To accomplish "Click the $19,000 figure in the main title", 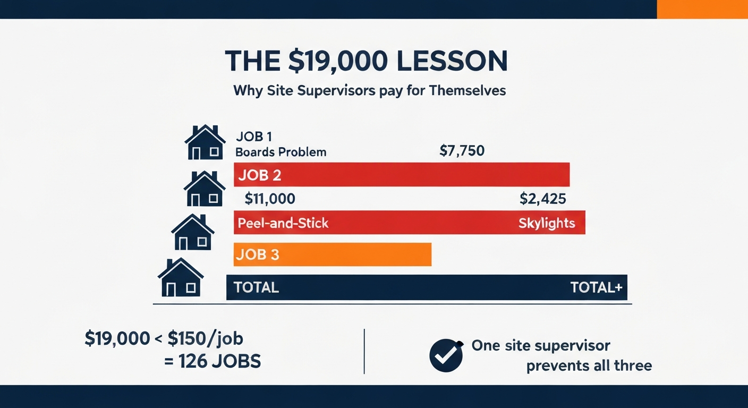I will click(x=328, y=61).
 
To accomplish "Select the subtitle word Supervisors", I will click(x=335, y=90).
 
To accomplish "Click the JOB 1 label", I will click(x=254, y=137).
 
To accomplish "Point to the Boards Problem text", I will click(x=280, y=152).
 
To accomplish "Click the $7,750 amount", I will click(x=462, y=151).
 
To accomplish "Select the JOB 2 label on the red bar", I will click(x=260, y=175).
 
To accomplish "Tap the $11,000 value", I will click(x=269, y=199).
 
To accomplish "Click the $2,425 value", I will click(x=542, y=199).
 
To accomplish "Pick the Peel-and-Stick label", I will click(x=283, y=223).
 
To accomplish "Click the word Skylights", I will click(x=547, y=223).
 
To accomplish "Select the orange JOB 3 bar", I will click(x=332, y=254).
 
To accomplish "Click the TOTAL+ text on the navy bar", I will click(x=596, y=287).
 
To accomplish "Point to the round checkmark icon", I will click(x=446, y=356).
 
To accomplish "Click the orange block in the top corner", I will click(x=702, y=9).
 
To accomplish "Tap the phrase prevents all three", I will click(x=589, y=366).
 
